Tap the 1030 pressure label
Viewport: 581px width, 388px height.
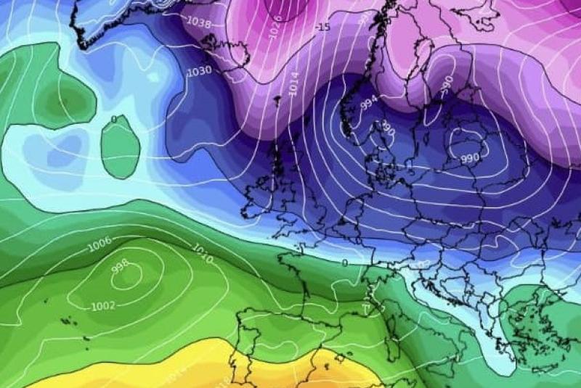(x=199, y=71)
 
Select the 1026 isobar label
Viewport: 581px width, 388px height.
(x=275, y=29)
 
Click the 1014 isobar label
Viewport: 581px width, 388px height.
(x=293, y=85)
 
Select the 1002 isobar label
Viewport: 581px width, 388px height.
(x=103, y=306)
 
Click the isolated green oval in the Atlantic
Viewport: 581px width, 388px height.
(x=120, y=149)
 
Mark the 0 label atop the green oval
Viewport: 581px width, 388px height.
(x=113, y=120)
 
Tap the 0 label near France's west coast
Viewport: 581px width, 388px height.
(x=345, y=263)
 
